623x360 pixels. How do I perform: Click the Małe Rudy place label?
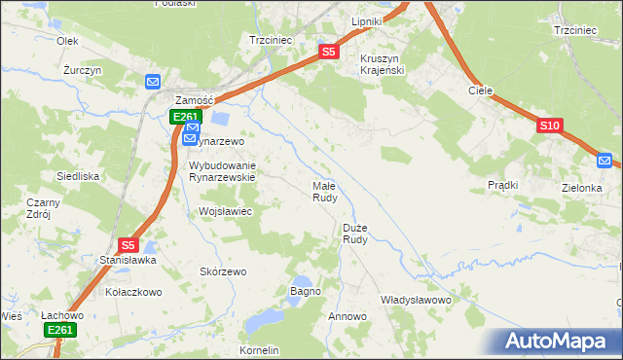tap(324, 191)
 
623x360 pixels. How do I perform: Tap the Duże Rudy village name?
tap(355, 233)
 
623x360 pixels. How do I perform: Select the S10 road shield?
tap(549, 126)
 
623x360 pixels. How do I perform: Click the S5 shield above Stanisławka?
tap(128, 246)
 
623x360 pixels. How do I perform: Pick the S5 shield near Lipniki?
tap(328, 52)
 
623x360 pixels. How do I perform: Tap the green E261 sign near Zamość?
tap(185, 117)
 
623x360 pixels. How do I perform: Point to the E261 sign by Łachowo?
tap(60, 331)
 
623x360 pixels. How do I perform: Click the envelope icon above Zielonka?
tap(605, 161)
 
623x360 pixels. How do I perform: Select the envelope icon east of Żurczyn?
tap(154, 82)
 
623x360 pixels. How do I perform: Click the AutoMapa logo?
tap(556, 342)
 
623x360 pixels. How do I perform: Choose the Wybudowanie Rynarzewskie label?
tap(221, 171)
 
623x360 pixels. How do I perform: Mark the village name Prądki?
tap(502, 185)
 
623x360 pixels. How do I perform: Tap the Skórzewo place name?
tap(223, 271)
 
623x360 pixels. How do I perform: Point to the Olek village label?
tap(67, 41)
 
